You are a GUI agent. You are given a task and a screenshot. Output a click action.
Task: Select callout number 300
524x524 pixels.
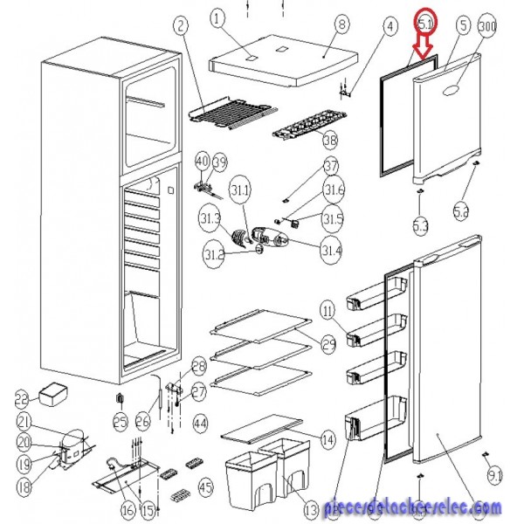pyautogui.click(x=487, y=26)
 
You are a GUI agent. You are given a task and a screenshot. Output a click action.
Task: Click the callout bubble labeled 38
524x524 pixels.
pyautogui.click(x=329, y=140)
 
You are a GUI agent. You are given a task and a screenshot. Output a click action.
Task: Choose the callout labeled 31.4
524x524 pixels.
pyautogui.click(x=331, y=252)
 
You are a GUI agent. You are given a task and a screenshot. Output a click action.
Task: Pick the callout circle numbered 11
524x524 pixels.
pyautogui.click(x=327, y=310)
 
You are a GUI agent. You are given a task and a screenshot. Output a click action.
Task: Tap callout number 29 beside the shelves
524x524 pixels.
pyautogui.click(x=328, y=344)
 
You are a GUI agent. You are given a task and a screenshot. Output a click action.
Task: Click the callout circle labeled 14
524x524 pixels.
pyautogui.click(x=328, y=439)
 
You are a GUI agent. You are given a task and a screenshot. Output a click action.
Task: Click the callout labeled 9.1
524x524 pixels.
pyautogui.click(x=495, y=476)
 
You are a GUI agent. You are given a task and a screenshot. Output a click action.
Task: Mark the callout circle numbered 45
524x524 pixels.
pyautogui.click(x=206, y=486)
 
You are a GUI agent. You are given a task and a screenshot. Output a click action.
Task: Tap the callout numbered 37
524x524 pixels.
pyautogui.click(x=331, y=167)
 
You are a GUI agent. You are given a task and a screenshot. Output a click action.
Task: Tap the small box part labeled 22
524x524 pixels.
pyautogui.click(x=53, y=398)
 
